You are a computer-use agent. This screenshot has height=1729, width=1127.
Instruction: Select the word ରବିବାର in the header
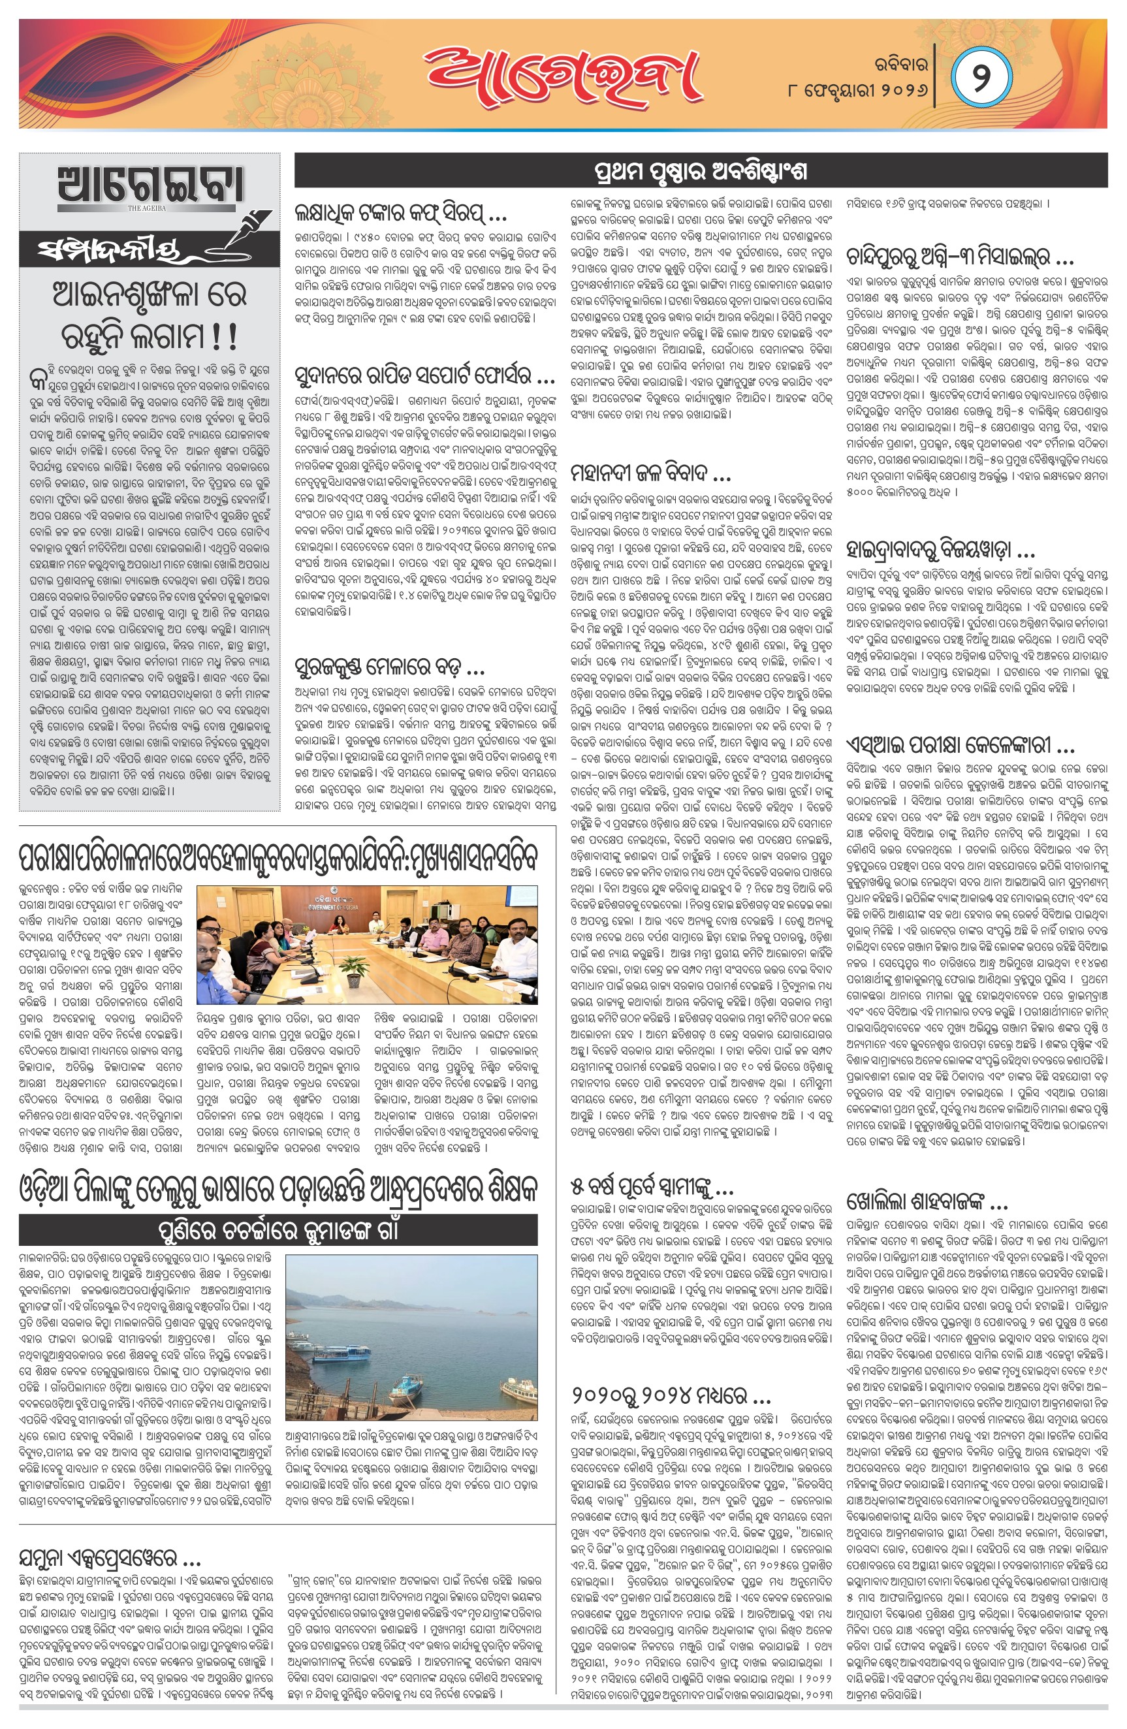(898, 64)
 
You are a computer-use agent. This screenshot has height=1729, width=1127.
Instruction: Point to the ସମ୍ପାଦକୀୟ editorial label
(109, 251)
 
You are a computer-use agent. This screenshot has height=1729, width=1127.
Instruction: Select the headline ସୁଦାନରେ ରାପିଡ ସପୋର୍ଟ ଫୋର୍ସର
(425, 375)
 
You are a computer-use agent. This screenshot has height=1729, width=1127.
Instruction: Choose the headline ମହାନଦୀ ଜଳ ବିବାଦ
(650, 475)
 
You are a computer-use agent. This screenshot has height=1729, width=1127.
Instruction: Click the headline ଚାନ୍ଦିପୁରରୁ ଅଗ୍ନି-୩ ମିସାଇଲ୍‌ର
(959, 257)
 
